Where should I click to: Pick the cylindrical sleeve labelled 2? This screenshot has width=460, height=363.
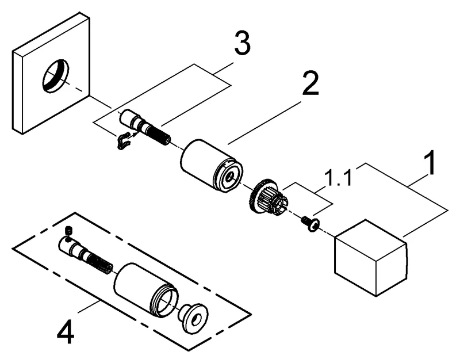click(x=211, y=164)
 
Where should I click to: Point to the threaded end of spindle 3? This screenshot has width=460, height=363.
click(x=162, y=137)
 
